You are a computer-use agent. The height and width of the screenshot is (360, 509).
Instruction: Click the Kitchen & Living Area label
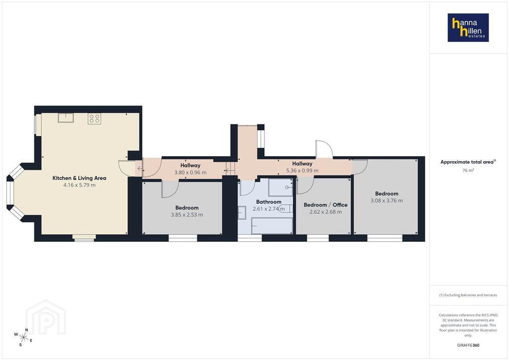(x=79, y=178)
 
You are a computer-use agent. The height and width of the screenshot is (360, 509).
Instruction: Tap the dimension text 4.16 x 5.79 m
(x=79, y=185)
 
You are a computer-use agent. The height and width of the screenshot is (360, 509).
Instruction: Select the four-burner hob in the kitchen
(x=94, y=118)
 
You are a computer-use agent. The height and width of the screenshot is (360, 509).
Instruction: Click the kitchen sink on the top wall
(x=66, y=117)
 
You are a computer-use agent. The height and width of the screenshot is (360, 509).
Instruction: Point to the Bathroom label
(x=269, y=201)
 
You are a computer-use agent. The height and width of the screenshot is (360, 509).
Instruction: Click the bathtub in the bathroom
(x=272, y=226)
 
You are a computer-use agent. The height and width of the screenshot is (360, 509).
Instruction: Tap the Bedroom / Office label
(x=326, y=205)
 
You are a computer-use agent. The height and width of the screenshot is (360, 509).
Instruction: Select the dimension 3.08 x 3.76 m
(x=387, y=200)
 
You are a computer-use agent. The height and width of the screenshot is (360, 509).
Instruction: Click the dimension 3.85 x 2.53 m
(x=187, y=215)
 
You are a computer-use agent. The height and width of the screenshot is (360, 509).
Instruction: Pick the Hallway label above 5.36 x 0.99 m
(x=302, y=164)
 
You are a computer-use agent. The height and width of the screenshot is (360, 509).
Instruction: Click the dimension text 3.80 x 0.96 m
(x=190, y=173)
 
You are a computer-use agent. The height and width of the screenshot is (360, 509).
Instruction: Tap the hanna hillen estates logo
(x=468, y=27)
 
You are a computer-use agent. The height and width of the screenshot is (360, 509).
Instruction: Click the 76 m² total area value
(x=468, y=170)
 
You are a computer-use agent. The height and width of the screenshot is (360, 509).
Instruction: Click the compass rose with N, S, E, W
(x=23, y=337)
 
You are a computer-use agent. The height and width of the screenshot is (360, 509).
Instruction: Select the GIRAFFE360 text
(x=468, y=345)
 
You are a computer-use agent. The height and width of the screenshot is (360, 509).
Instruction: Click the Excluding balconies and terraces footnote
(x=468, y=295)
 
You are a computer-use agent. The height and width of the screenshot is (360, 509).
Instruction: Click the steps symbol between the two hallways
(x=230, y=169)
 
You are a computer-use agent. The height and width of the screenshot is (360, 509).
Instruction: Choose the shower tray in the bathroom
(x=280, y=187)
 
